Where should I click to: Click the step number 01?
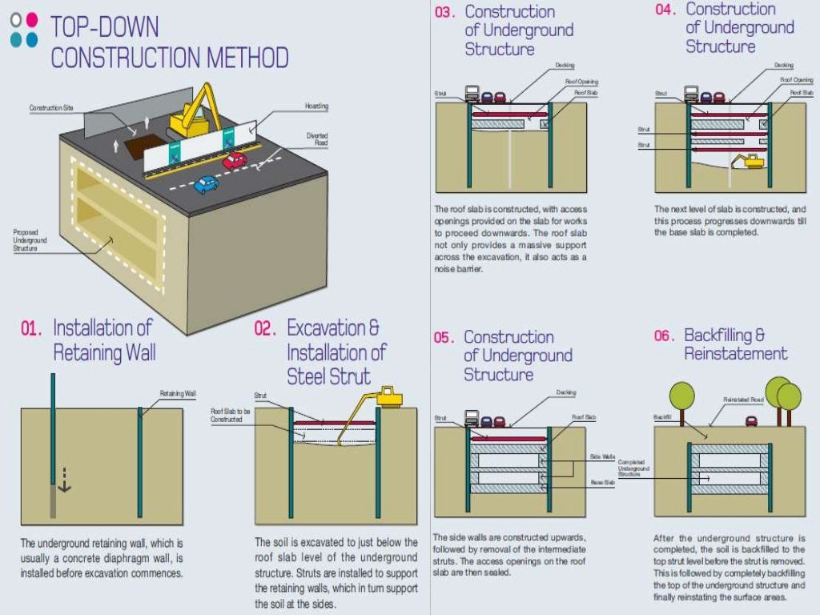(x=30, y=328)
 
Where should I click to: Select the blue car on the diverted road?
(x=206, y=185)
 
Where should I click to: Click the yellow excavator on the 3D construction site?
(x=195, y=113)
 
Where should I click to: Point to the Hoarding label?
(x=316, y=107)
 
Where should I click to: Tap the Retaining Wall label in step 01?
(x=178, y=393)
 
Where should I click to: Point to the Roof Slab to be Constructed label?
(x=231, y=415)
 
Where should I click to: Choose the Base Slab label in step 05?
(x=601, y=482)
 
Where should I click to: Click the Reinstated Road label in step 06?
(x=744, y=399)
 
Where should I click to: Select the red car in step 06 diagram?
(x=752, y=421)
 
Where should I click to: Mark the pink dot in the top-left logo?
(x=32, y=19)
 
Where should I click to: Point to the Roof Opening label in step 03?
(x=581, y=82)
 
